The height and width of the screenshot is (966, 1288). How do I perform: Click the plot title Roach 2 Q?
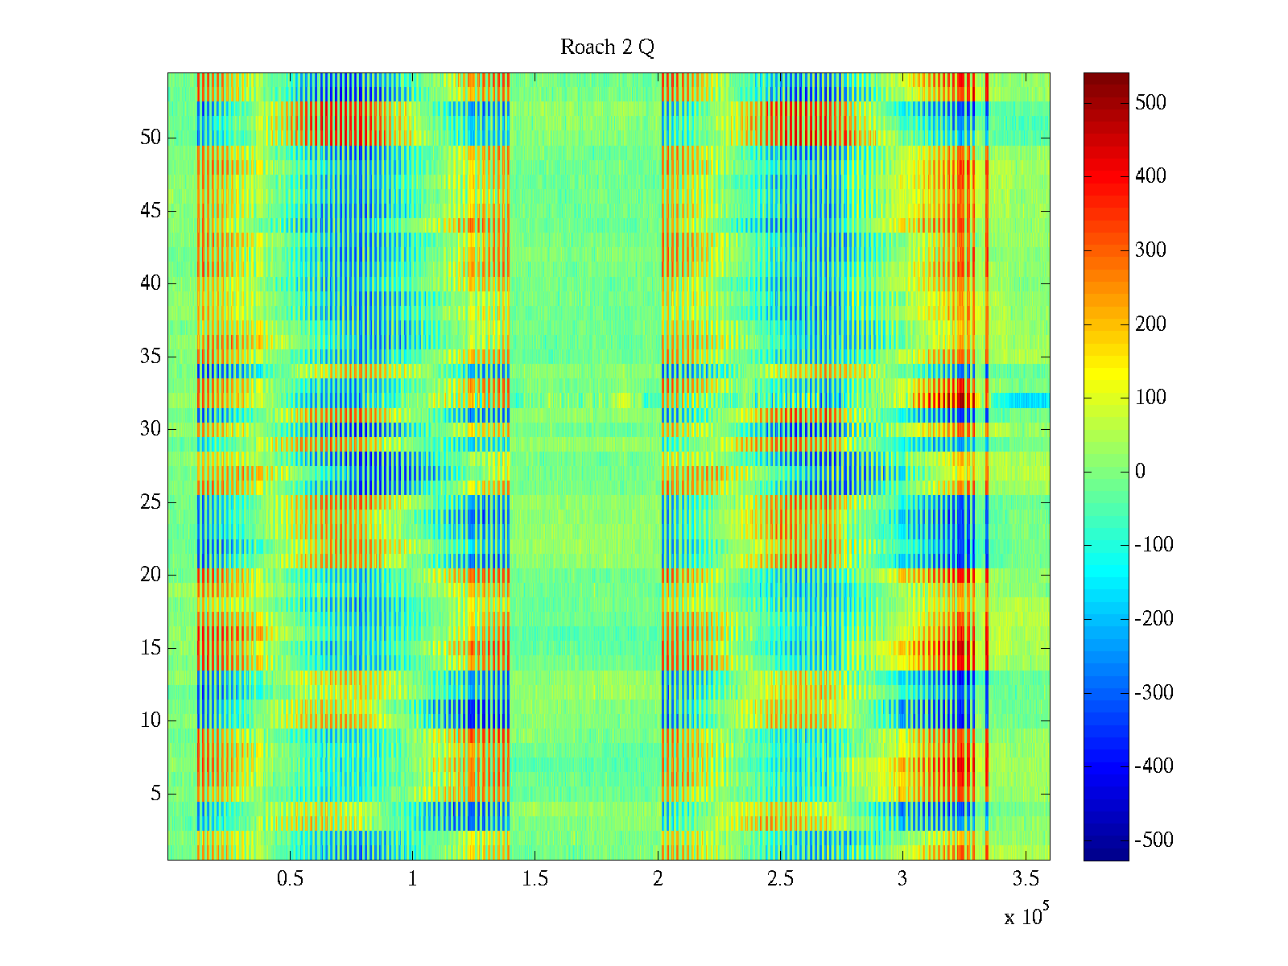(x=607, y=47)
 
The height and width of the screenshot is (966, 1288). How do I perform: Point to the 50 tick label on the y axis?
(x=151, y=138)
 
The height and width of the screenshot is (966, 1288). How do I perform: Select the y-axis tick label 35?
(x=151, y=357)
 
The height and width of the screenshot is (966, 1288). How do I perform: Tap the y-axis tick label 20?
(x=151, y=575)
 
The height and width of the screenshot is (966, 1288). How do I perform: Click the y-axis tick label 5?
(x=155, y=794)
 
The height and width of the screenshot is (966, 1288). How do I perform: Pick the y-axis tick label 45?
(x=151, y=211)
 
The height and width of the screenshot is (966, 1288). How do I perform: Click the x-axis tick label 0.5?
(x=290, y=879)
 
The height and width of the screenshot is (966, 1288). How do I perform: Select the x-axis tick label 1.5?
(x=535, y=879)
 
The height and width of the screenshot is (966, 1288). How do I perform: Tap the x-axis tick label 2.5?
(x=780, y=879)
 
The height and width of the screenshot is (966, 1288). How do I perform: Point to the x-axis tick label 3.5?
(x=1026, y=879)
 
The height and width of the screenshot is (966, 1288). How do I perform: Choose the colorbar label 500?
(x=1150, y=103)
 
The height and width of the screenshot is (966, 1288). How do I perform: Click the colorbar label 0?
(x=1140, y=472)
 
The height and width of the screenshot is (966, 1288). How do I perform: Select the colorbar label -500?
(x=1154, y=840)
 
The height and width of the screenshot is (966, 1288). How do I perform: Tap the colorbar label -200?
(x=1154, y=619)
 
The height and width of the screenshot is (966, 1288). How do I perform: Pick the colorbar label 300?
(x=1150, y=250)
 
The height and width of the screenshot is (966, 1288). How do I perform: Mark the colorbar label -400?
(x=1154, y=766)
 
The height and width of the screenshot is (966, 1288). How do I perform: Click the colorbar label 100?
(x=1150, y=398)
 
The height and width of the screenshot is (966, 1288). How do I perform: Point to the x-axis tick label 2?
(x=658, y=879)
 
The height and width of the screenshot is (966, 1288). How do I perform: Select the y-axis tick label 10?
(x=151, y=720)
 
